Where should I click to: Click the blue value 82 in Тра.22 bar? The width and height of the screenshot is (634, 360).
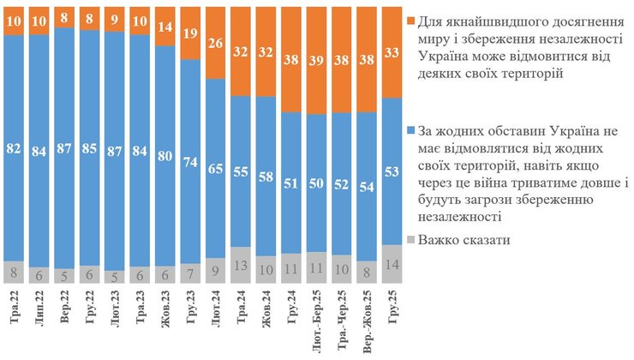pyautogui.click(x=15, y=148)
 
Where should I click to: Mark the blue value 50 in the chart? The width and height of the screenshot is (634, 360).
pyautogui.click(x=317, y=183)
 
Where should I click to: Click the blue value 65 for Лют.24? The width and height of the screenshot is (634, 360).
pyautogui.click(x=216, y=168)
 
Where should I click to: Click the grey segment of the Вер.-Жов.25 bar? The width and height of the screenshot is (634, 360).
pyautogui.click(x=368, y=273)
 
